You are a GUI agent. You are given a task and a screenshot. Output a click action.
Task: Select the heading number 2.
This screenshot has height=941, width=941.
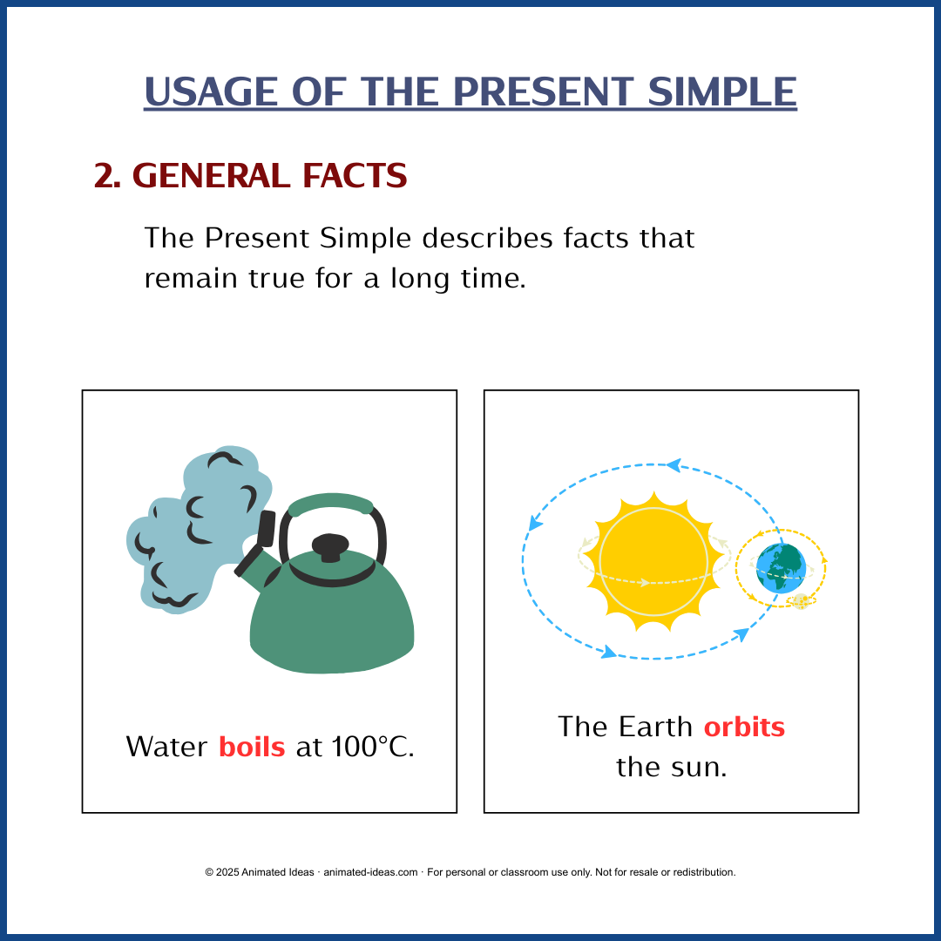click(106, 177)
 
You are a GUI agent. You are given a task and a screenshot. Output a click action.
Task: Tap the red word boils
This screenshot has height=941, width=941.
click(252, 747)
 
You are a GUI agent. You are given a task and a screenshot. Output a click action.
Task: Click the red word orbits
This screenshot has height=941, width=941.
click(744, 727)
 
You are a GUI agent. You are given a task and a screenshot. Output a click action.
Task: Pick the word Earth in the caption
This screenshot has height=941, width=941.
click(656, 727)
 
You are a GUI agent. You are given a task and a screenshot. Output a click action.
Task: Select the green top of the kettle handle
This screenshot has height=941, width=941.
click(331, 503)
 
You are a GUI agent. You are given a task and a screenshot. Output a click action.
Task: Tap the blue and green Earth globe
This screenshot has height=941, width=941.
click(781, 568)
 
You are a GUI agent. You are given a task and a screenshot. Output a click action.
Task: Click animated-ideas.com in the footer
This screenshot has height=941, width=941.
click(370, 872)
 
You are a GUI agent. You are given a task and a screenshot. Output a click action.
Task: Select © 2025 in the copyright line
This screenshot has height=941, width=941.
click(221, 872)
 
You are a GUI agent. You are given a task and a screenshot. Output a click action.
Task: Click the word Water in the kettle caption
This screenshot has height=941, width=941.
click(166, 747)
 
